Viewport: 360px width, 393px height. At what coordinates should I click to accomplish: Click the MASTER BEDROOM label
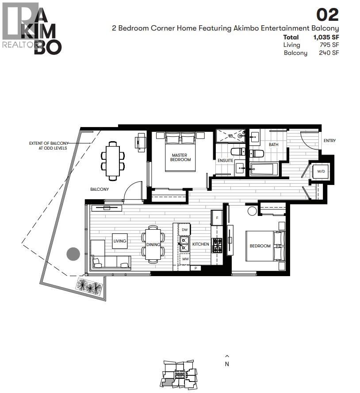180,157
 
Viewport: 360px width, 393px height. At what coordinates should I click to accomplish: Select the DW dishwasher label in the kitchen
185,230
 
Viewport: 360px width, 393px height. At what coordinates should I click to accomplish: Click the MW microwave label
185,258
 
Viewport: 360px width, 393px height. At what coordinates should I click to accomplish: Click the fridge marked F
217,218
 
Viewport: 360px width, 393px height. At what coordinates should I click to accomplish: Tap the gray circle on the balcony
73,254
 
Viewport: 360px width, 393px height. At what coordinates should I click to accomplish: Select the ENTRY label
329,141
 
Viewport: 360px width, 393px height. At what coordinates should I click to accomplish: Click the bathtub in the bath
264,169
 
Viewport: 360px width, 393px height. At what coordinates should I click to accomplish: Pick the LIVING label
119,241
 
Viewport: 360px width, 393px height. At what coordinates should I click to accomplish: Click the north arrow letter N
227,364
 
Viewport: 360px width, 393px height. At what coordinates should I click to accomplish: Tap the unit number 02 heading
327,15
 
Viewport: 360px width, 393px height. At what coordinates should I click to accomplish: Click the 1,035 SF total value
326,37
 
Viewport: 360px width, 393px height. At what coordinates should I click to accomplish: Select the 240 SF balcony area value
329,53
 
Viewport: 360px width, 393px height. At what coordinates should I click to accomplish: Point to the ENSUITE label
225,160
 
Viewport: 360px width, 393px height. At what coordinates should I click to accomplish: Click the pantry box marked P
195,268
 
